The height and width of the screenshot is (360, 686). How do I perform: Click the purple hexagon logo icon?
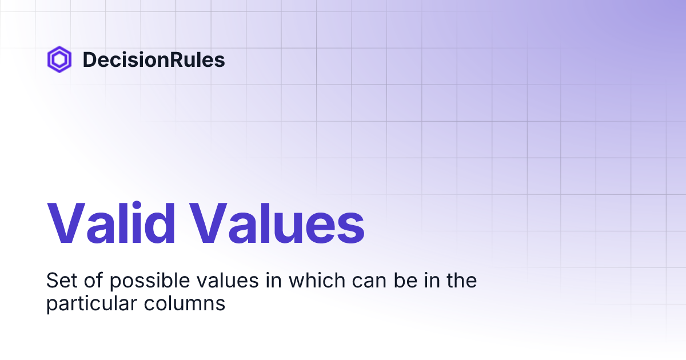click(x=59, y=59)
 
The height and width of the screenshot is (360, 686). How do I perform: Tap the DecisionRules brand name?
click(x=154, y=60)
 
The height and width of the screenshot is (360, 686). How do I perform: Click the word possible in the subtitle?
click(x=137, y=282)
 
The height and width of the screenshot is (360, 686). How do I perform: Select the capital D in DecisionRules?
click(x=89, y=60)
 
